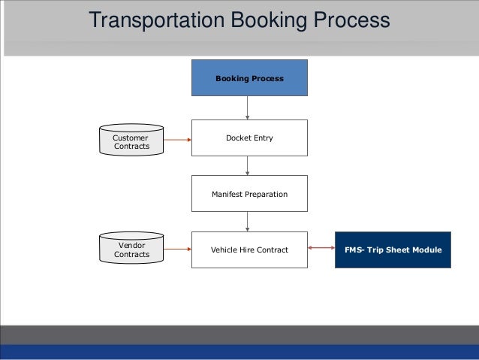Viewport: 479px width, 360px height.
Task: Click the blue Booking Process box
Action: point(249,77)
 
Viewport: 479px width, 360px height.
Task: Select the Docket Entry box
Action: point(249,138)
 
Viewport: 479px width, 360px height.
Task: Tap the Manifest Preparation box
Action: point(249,194)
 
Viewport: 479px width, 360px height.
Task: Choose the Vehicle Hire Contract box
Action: point(249,250)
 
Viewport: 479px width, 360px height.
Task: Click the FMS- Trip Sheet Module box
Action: point(393,250)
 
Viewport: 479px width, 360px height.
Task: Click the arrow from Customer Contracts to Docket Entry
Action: point(177,139)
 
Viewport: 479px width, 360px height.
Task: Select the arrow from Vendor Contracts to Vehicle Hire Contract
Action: point(177,250)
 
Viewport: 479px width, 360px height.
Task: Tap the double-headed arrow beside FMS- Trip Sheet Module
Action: point(321,250)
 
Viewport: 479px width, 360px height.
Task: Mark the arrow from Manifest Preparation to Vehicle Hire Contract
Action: point(249,222)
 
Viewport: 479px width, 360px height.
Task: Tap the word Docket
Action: point(238,138)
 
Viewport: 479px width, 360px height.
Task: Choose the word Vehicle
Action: point(224,250)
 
